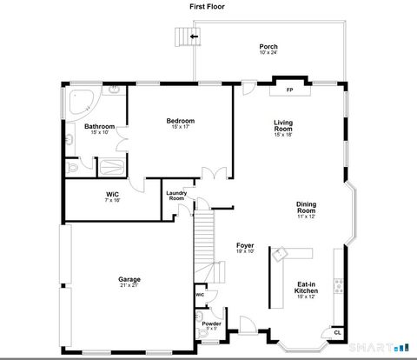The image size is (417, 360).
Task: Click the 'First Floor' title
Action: [x=208, y=6]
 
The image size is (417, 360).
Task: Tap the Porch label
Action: [x=268, y=46]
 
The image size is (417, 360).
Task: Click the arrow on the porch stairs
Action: [x=194, y=37]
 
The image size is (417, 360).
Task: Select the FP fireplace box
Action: [x=290, y=90]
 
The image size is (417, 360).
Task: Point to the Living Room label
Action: [x=284, y=125]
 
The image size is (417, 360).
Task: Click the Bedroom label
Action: [x=181, y=121]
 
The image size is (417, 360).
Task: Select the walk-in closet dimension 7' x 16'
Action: [x=113, y=200]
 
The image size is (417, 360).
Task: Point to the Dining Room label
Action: [x=306, y=208]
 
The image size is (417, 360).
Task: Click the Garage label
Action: [x=129, y=279]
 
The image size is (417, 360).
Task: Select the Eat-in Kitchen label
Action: [x=307, y=287]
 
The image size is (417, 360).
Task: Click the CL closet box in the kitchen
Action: [x=337, y=332]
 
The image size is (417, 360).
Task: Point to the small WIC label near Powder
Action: [x=200, y=295]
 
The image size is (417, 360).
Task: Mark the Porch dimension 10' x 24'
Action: [x=268, y=53]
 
